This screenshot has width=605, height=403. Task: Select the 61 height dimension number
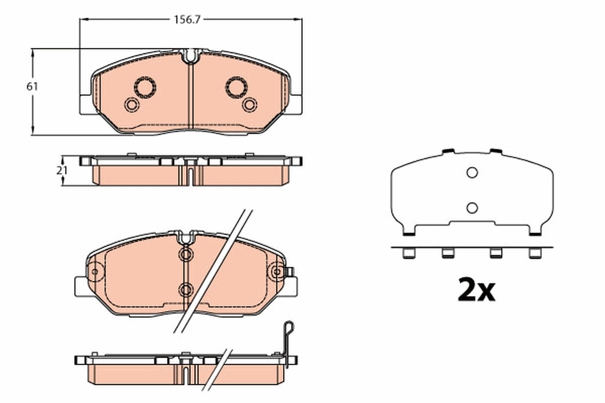point(32,87)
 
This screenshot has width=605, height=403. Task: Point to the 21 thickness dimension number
point(62,170)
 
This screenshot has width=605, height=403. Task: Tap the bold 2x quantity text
point(476,290)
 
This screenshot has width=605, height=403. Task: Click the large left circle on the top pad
point(145,87)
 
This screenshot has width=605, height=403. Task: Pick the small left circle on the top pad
point(131,105)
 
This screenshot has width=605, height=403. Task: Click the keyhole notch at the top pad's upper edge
point(190,55)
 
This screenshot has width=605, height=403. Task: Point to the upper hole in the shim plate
point(472,173)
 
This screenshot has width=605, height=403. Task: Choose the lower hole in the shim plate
point(472,207)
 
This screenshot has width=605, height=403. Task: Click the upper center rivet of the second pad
point(186,254)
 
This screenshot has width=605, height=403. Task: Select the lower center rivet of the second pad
point(186,289)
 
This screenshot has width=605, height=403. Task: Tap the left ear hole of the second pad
point(95,272)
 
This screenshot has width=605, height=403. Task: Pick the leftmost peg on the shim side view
point(407,253)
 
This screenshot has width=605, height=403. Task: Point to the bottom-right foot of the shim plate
point(536,232)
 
